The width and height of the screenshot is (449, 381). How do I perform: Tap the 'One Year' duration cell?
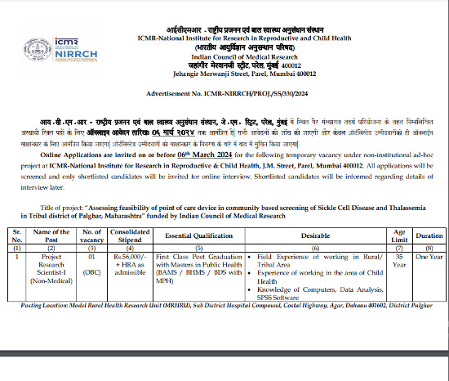(x=430, y=256)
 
